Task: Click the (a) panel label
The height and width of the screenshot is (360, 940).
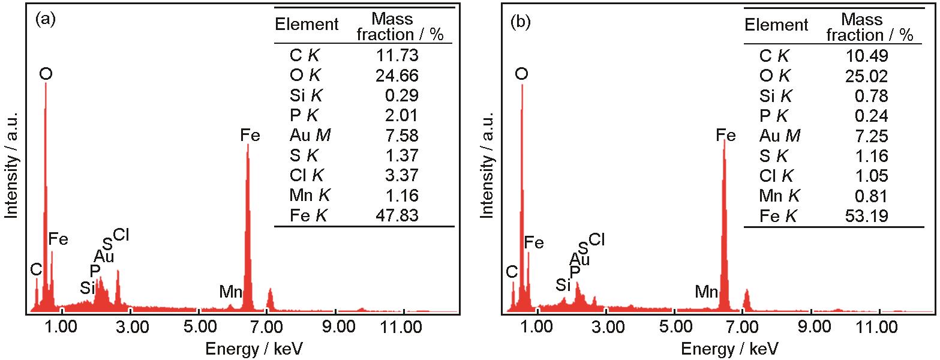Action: click(x=46, y=20)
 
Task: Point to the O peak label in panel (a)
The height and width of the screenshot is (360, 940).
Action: click(x=46, y=74)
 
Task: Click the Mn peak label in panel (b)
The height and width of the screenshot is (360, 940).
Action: click(x=706, y=293)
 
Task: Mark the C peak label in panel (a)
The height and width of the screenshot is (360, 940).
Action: click(x=37, y=271)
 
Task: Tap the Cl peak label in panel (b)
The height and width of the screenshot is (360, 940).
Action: click(x=596, y=241)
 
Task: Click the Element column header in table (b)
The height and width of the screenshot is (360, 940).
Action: click(x=776, y=25)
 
